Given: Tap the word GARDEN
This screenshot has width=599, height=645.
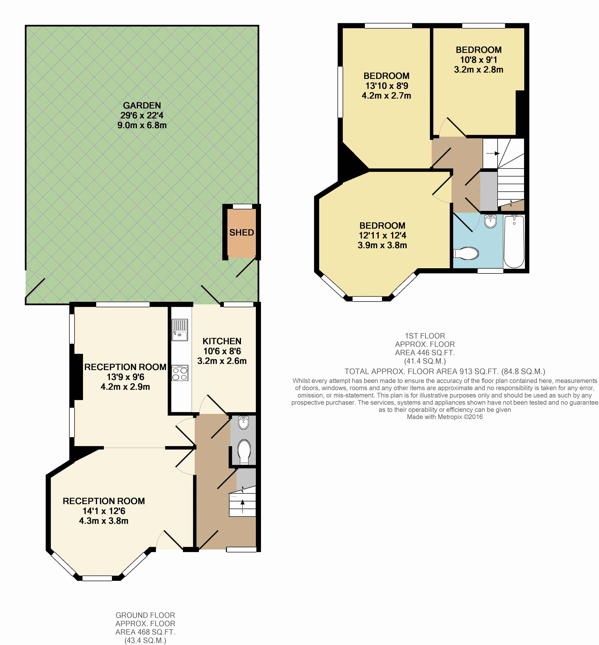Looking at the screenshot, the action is (x=142, y=105).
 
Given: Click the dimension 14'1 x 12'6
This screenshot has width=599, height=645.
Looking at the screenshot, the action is (x=104, y=511).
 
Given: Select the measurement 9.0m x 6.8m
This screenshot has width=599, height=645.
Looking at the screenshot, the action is (x=142, y=125).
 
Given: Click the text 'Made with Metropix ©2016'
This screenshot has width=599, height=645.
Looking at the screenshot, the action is (x=445, y=417).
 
